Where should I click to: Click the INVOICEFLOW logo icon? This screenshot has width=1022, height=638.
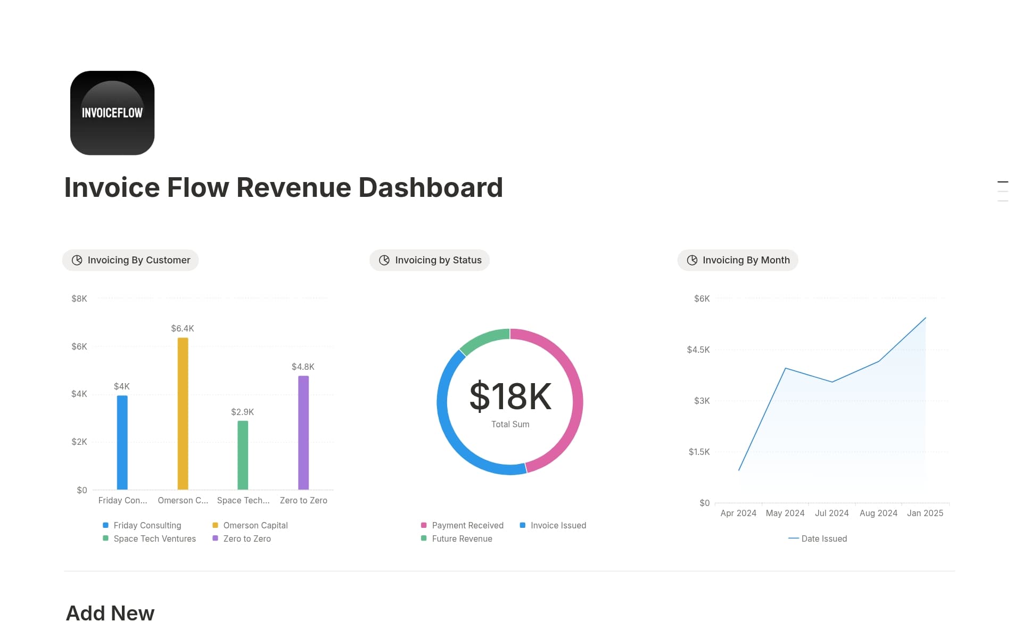112,113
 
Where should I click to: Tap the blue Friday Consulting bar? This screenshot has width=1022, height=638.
122,442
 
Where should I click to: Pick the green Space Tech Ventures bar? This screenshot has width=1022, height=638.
243,455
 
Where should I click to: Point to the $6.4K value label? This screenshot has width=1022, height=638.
183,328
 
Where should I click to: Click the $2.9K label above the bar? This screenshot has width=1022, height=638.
242,412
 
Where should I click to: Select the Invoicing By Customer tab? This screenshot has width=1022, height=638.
130,260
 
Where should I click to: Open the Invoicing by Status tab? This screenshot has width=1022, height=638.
430,260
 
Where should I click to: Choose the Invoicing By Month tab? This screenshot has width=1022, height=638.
738,260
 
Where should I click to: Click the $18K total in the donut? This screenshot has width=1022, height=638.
510,396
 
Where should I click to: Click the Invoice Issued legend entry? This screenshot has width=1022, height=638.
557,525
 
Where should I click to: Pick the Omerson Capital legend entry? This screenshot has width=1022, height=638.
255,525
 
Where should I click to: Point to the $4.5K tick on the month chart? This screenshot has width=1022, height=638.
698,350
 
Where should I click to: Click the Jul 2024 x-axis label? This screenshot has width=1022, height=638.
831,513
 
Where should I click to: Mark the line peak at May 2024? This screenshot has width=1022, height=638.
785,368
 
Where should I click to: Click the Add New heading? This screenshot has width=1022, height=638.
110,613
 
